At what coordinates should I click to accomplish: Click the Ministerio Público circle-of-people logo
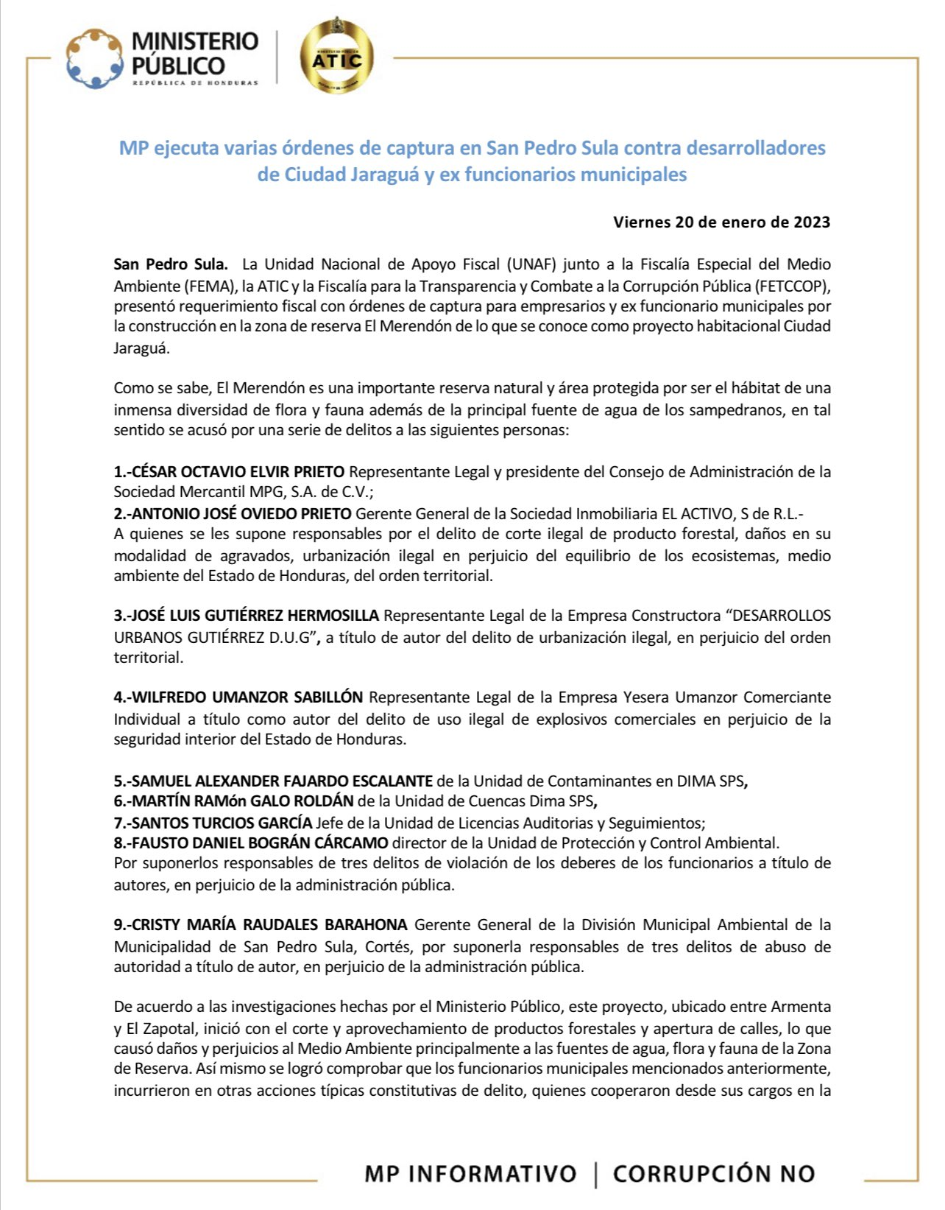[x=93, y=58]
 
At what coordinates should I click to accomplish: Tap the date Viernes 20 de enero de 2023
[x=721, y=222]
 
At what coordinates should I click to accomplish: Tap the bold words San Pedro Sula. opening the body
[x=171, y=264]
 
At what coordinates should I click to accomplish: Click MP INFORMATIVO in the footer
[x=470, y=1173]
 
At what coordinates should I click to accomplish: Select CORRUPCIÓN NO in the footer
[x=714, y=1173]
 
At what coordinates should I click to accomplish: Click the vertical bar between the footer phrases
[x=595, y=1173]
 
